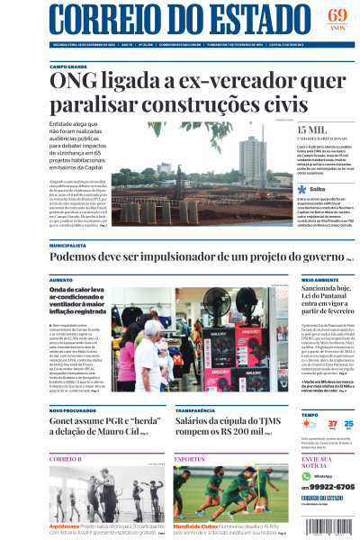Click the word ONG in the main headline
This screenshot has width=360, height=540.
pos(76,83)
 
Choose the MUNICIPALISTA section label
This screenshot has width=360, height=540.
pos(68,245)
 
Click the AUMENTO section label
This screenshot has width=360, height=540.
pos(60,280)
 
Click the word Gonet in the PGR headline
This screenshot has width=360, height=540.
pos(66,419)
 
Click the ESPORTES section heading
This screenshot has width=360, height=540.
pos(190,459)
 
